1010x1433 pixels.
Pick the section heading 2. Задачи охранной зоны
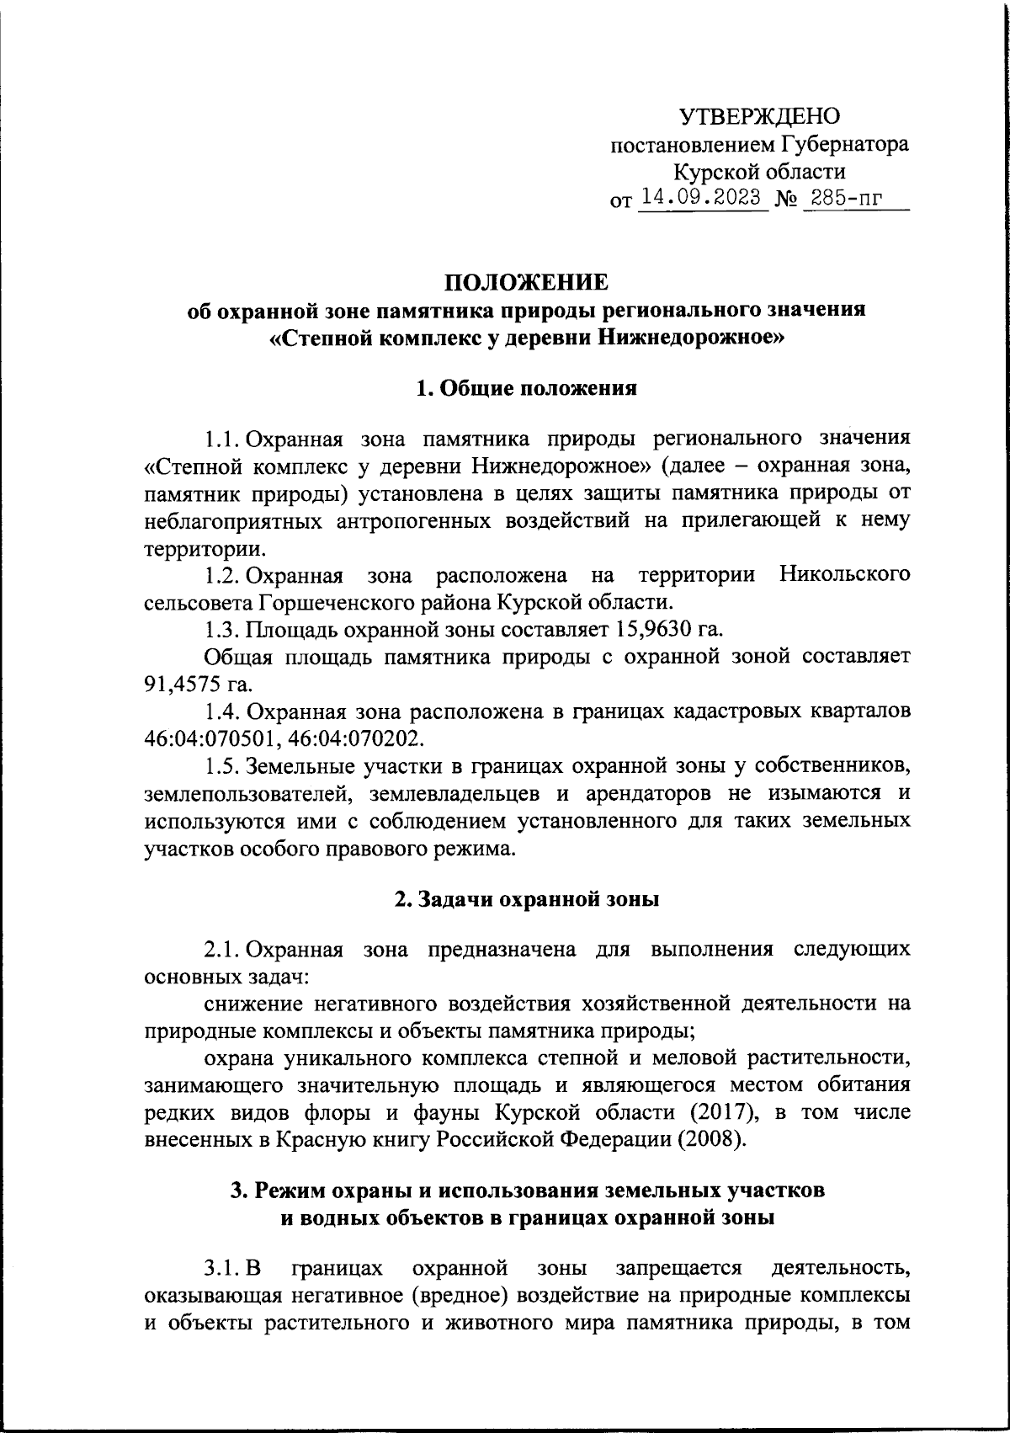tap(526, 898)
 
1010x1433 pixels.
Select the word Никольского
tap(844, 575)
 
